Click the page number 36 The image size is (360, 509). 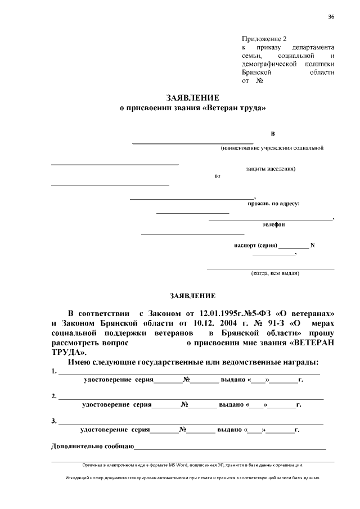[331, 16]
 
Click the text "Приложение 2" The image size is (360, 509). [264, 39]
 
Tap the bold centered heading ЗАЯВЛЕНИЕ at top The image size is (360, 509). [193, 97]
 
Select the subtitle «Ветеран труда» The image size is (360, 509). [233, 107]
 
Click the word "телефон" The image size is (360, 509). [273, 224]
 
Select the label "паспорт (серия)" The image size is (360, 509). [255, 245]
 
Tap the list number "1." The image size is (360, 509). [54, 371]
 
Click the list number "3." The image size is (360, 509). [54, 421]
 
